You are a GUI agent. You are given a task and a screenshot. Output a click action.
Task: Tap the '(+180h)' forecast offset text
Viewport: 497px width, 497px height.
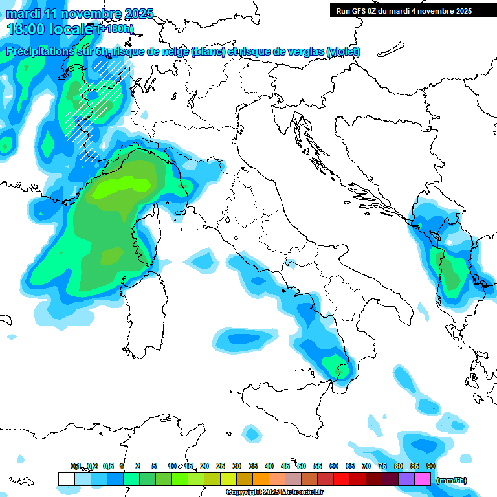pyautogui.click(x=115, y=28)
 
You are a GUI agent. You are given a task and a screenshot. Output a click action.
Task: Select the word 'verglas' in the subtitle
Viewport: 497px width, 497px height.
pyautogui.click(x=303, y=52)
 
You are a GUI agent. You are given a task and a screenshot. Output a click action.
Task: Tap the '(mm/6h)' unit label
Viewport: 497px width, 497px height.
pyautogui.click(x=451, y=480)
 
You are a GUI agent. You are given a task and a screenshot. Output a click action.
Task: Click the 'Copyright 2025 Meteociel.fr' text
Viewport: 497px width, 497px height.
pyautogui.click(x=274, y=492)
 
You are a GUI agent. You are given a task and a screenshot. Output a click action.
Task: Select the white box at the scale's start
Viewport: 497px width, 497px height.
pyautogui.click(x=66, y=479)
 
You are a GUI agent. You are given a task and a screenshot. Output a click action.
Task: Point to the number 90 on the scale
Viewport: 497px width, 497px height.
pyautogui.click(x=431, y=466)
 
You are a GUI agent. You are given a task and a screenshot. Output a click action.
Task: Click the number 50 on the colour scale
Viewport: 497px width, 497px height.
pyautogui.click(x=302, y=466)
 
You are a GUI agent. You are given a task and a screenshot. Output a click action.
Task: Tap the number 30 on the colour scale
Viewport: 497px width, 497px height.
pyautogui.click(x=237, y=466)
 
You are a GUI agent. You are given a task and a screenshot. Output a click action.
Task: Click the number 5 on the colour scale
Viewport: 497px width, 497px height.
pyautogui.click(x=154, y=466)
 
